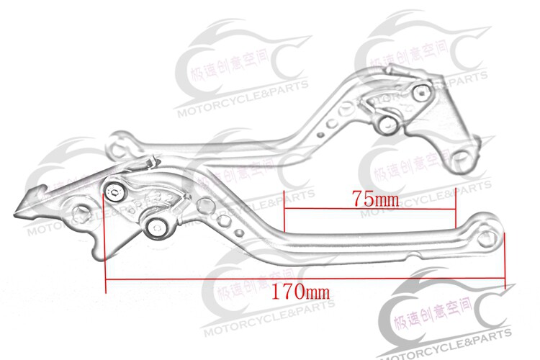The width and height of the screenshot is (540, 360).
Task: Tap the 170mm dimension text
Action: coord(301,293)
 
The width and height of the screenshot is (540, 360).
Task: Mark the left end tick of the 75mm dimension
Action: coord(284,215)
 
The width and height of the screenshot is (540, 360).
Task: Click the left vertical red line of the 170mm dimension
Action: coord(106,238)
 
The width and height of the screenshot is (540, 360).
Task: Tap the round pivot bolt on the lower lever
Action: coord(156,228)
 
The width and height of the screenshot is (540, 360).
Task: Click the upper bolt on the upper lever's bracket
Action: coord(421,91)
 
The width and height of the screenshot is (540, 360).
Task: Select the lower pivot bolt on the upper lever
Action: coord(387,124)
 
